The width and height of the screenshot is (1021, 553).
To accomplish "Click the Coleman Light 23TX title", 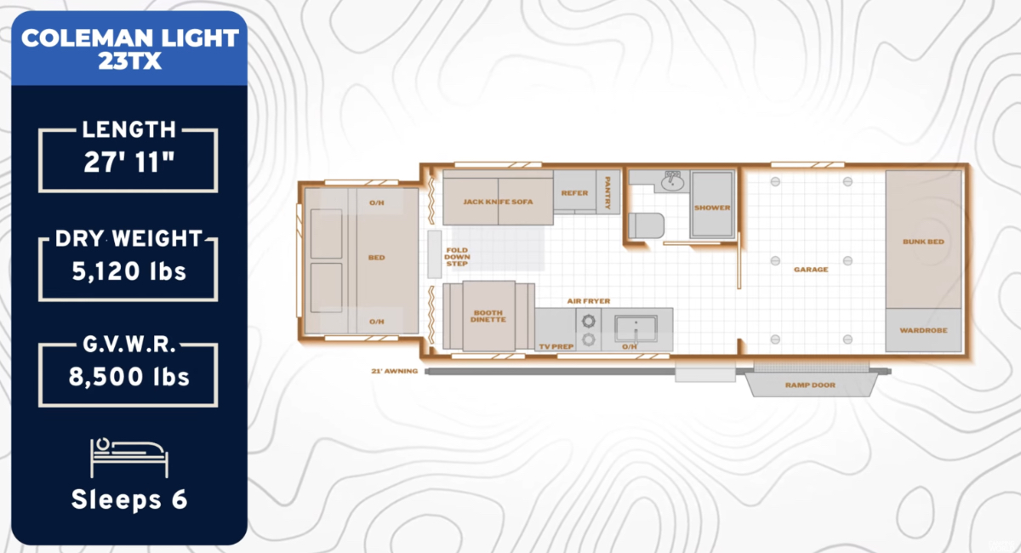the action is [130, 48].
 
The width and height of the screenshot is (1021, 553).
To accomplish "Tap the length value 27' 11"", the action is [129, 162].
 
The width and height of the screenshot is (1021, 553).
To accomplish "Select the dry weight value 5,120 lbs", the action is [129, 271].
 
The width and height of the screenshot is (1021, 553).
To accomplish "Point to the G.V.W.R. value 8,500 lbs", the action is [129, 377].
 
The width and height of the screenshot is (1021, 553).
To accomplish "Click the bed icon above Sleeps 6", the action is [129, 457].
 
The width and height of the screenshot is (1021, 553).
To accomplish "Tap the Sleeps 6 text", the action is [129, 499].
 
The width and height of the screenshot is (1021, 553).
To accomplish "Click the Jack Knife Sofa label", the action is [498, 202].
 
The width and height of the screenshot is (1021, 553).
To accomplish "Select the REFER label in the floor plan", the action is [575, 193].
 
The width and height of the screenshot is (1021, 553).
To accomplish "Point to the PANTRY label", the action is [607, 192].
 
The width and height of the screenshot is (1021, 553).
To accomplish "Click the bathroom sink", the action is [672, 182].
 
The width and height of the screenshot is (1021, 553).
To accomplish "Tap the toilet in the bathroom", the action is [647, 225].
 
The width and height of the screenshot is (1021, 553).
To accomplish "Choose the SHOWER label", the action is [712, 208].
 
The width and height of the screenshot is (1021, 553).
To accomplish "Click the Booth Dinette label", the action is [488, 316].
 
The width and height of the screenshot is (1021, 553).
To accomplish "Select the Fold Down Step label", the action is [457, 257].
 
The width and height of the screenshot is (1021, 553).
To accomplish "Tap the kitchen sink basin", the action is [636, 328].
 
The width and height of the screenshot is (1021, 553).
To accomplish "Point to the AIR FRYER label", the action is [589, 301].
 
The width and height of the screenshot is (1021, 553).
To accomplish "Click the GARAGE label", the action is [811, 270].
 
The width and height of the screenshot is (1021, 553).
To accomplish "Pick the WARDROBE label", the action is [923, 330].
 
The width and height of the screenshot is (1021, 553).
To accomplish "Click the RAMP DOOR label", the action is [810, 385].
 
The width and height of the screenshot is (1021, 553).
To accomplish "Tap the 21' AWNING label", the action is [394, 371].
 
